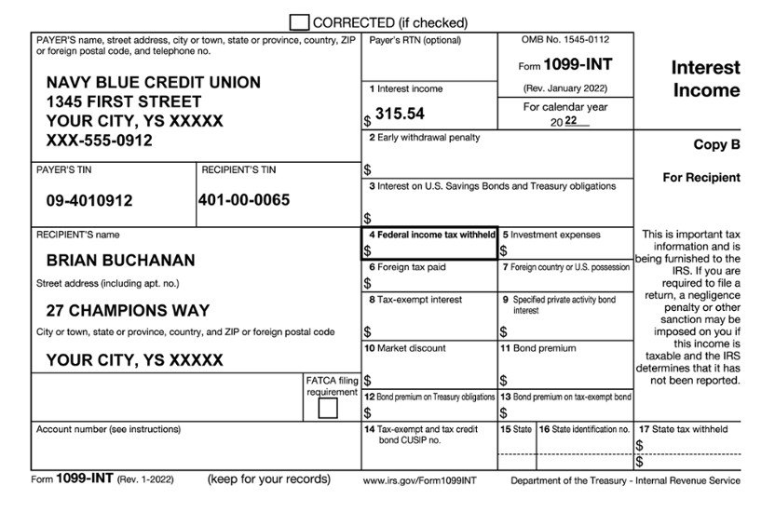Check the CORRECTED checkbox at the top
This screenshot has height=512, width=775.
pos(300,21)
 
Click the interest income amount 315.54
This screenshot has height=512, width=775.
pos(400,114)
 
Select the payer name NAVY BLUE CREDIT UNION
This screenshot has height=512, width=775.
pos(154,82)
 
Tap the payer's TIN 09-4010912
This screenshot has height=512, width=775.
pos(89,200)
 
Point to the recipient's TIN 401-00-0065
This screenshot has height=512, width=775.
pos(244,199)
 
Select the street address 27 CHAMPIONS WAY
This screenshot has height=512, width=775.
pos(128,310)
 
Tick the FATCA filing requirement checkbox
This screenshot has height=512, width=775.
pos(328,408)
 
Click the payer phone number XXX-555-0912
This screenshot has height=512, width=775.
pos(100,141)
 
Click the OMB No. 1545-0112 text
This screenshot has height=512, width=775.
pos(566,41)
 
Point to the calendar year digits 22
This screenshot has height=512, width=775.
pos(571,122)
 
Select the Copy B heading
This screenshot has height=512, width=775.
pos(716,145)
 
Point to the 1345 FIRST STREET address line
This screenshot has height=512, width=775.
pos(124,101)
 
